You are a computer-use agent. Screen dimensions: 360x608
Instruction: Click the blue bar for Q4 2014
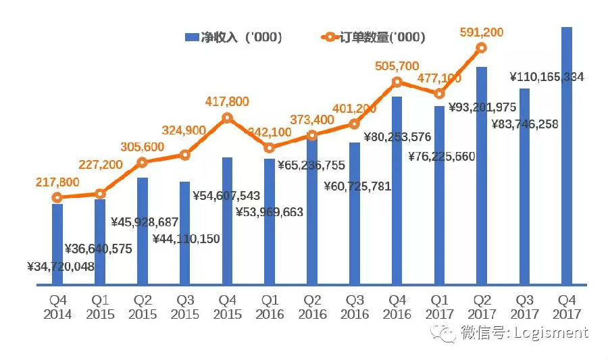pyautogui.click(x=57, y=243)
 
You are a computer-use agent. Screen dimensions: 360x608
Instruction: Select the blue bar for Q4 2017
pyautogui.click(x=566, y=155)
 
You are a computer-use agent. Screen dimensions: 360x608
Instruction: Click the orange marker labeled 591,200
pyautogui.click(x=481, y=47)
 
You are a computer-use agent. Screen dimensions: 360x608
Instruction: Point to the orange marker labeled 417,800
pyautogui.click(x=227, y=118)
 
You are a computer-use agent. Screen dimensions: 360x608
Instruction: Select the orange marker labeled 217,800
pyautogui.click(x=57, y=197)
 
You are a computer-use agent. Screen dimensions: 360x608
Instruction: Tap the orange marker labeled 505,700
pyautogui.click(x=397, y=82)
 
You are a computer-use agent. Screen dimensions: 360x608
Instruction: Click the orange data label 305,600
pyautogui.click(x=143, y=147)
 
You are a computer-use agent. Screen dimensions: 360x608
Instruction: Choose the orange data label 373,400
pyautogui.click(x=311, y=120)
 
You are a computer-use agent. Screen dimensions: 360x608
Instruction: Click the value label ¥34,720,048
pyautogui.click(x=61, y=266)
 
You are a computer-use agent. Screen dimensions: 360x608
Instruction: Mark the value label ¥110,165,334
pyautogui.click(x=547, y=77)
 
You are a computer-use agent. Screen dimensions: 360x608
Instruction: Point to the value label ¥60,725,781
pyautogui.click(x=357, y=186)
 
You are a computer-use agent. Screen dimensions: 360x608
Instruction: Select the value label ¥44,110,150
pyautogui.click(x=186, y=238)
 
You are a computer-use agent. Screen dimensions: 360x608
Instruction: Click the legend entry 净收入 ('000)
pyautogui.click(x=233, y=37)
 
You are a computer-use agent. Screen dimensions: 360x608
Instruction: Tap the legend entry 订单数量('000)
pyautogui.click(x=373, y=37)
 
